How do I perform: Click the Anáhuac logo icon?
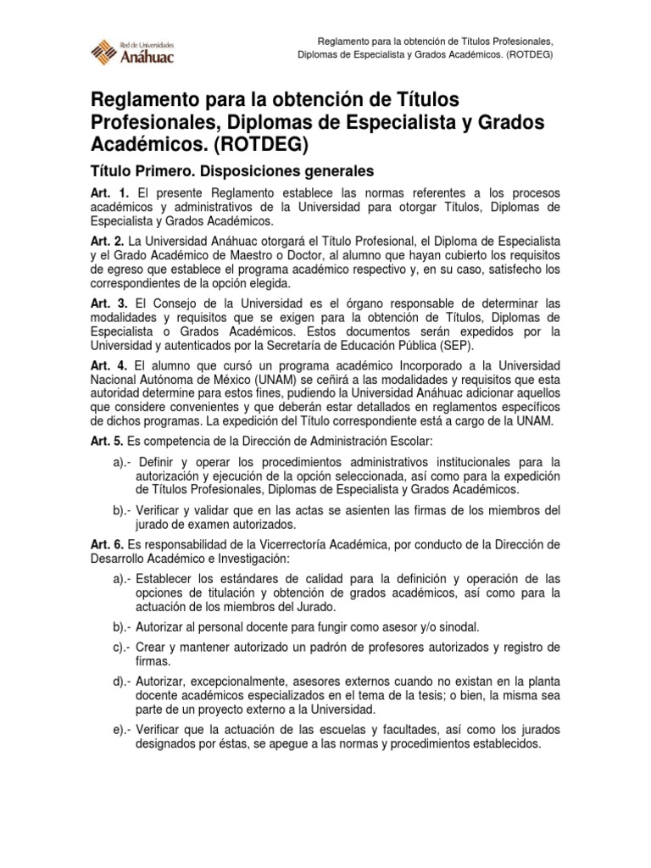click(105, 52)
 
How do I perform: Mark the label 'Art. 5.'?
click(107, 441)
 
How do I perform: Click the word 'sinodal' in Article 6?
click(459, 627)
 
